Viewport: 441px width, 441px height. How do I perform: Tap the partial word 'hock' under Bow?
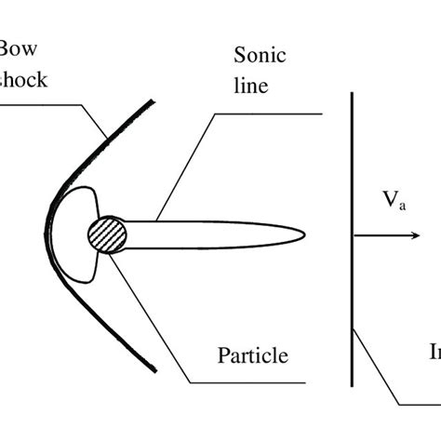click(23, 79)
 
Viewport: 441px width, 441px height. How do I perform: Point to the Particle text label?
click(252, 354)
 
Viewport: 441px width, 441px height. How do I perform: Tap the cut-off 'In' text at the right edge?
click(434, 353)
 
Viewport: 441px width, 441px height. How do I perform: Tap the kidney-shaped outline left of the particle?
click(74, 233)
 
